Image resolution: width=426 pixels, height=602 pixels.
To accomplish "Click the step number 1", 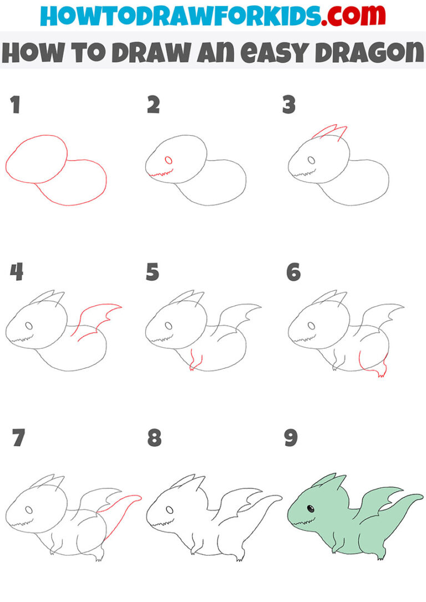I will tap(14, 105).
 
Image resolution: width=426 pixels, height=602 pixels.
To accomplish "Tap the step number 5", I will tap(153, 272).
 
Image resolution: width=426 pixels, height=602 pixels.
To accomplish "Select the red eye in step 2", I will tap(169, 161).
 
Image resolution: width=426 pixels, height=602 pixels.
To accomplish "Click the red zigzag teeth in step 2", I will tap(161, 176).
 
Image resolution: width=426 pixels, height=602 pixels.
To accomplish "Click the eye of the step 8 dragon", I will tap(169, 510).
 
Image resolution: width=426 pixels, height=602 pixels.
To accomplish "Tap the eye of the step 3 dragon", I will tap(312, 161).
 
